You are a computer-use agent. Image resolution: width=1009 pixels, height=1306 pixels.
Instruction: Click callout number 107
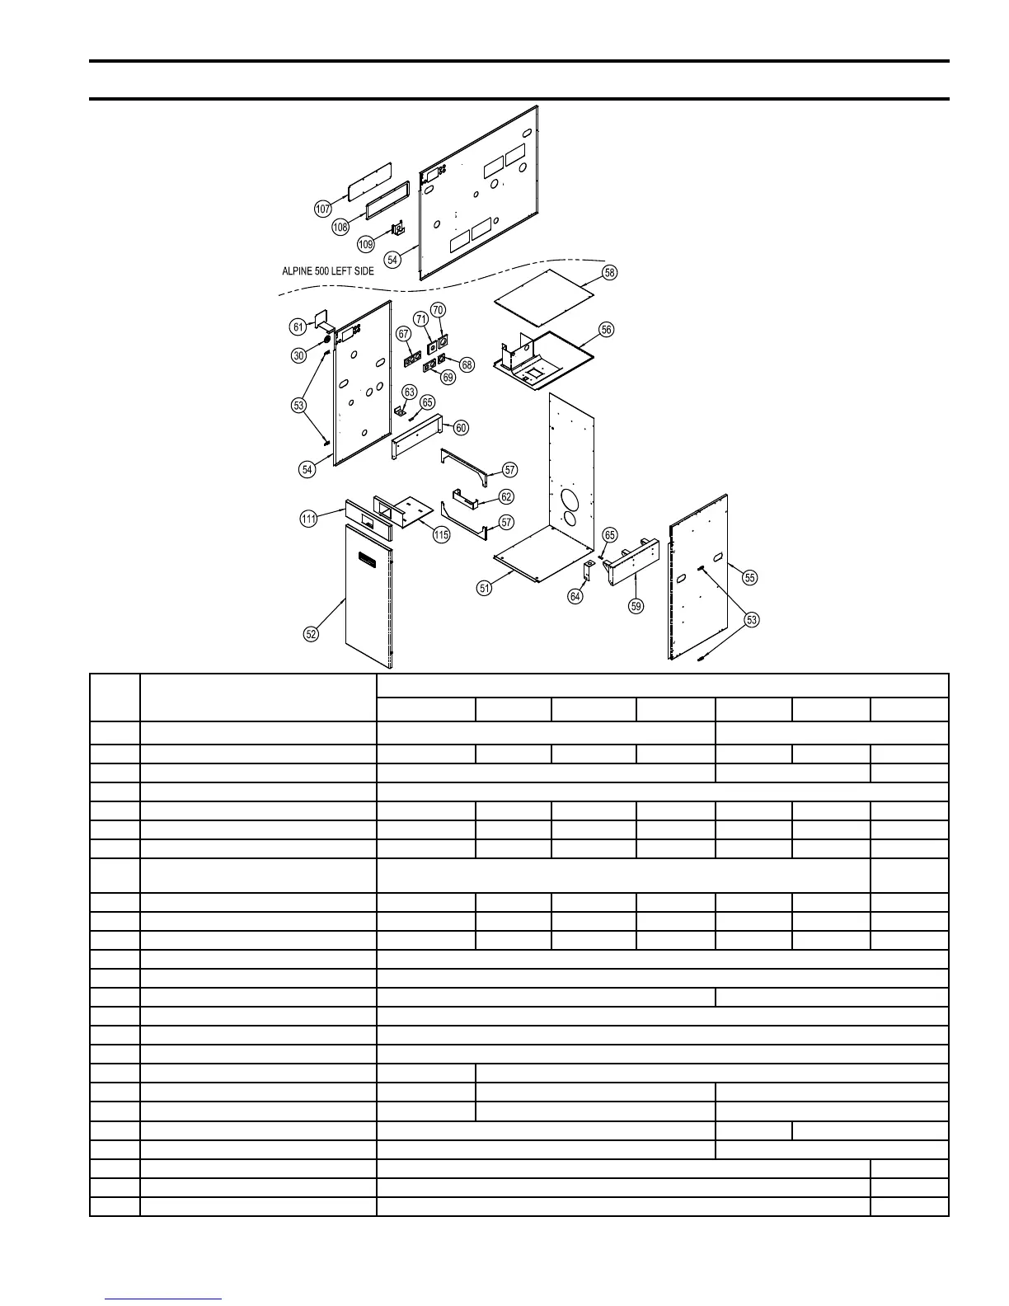[x=323, y=209]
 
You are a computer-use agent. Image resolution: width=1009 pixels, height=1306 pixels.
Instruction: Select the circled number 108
[x=340, y=227]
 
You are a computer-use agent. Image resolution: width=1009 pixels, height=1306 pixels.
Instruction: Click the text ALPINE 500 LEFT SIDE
[x=327, y=271]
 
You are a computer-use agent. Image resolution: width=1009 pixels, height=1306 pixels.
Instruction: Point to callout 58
[x=609, y=272]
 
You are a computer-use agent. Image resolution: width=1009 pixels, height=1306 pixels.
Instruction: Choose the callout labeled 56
[x=607, y=330]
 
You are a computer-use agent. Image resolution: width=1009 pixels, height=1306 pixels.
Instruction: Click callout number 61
[x=298, y=327]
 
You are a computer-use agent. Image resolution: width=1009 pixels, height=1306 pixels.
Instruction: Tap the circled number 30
[x=298, y=355]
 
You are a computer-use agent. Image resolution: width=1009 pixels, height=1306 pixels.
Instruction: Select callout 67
[x=403, y=334]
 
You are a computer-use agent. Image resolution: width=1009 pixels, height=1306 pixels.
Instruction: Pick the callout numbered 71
[x=421, y=319]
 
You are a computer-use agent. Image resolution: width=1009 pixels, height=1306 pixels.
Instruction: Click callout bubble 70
[x=438, y=310]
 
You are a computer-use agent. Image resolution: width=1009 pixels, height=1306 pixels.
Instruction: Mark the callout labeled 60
[x=462, y=427]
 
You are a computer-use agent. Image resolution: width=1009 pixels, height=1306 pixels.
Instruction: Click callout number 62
[x=506, y=497]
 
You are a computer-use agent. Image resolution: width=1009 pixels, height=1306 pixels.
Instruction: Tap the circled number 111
[x=307, y=519]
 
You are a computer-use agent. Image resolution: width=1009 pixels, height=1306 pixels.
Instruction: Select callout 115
[x=441, y=535]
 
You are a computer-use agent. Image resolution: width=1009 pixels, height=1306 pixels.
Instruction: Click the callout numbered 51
[x=485, y=588]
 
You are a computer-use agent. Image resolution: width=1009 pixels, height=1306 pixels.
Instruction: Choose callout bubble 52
[x=311, y=634]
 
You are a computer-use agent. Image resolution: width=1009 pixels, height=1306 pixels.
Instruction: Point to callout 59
[x=636, y=606]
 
